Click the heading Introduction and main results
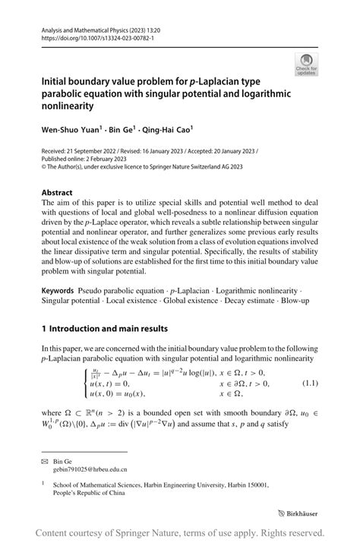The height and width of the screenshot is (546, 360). point(109,329)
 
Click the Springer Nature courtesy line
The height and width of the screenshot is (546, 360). point(180,532)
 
